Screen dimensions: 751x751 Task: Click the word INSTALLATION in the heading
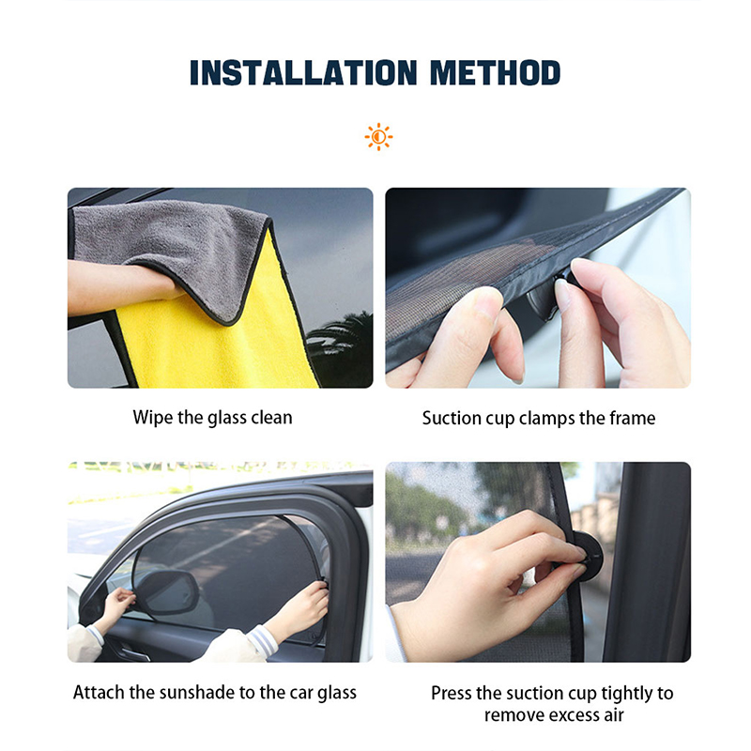point(288,72)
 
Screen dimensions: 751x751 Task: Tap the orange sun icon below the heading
point(378,137)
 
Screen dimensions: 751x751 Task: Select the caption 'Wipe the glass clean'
point(212,417)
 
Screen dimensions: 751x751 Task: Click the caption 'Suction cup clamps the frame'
point(538,418)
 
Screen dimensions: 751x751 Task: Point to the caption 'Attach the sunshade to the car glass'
point(215,693)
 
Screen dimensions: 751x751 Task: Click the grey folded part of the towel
point(169,239)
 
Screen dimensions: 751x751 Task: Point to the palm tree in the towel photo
point(343,338)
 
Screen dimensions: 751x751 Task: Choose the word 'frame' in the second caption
point(632,418)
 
